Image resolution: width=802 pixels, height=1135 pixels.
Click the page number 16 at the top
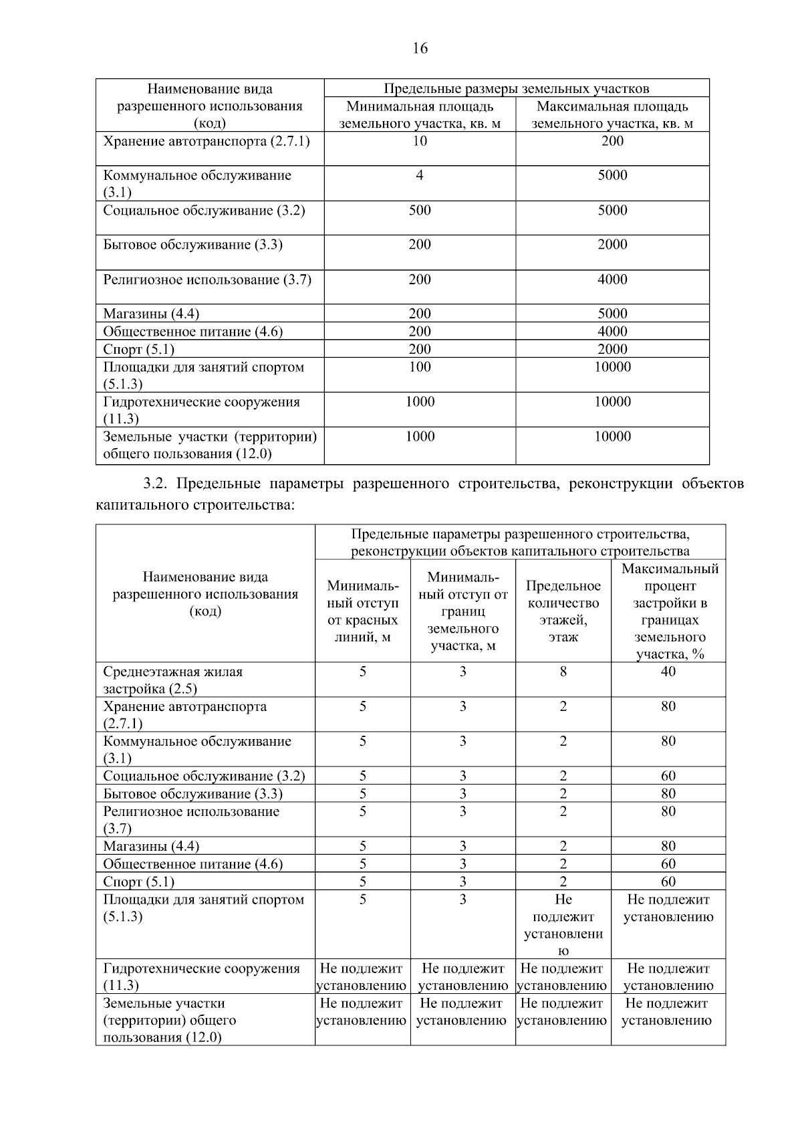click(420, 48)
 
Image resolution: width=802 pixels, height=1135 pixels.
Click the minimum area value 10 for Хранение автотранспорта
click(420, 141)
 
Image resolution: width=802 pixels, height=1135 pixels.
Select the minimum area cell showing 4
click(420, 175)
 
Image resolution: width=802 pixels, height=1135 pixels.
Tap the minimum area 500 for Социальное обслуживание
click(420, 210)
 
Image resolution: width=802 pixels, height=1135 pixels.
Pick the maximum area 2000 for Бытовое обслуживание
click(612, 245)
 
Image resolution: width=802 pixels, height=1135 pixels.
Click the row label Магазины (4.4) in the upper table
click(151, 314)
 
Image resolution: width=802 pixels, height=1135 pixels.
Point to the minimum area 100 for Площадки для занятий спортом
click(420, 367)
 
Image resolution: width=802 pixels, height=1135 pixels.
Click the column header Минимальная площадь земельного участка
click(420, 114)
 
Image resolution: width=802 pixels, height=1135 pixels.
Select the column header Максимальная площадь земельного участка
click(612, 114)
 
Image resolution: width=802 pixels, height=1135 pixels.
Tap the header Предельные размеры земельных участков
click(516, 88)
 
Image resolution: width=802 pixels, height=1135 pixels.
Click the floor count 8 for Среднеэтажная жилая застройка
click(563, 672)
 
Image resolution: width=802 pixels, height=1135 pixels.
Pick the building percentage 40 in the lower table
click(668, 672)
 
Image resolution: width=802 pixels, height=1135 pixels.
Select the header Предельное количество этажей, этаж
click(563, 611)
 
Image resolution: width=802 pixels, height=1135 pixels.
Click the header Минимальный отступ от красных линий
click(362, 611)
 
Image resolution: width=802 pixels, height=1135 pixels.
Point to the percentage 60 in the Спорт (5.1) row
click(668, 882)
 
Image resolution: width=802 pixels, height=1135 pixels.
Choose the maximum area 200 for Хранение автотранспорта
click(612, 141)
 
